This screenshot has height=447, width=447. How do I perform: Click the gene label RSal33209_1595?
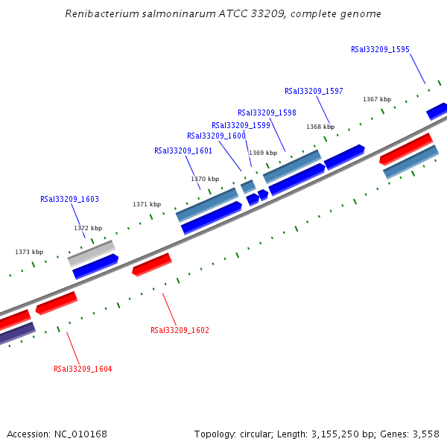click(380, 50)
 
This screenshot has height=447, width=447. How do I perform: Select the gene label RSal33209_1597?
click(314, 91)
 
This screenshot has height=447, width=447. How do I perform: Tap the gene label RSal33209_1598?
click(267, 112)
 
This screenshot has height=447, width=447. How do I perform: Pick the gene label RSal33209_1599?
click(241, 125)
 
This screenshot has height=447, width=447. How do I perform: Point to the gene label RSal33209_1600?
click(216, 136)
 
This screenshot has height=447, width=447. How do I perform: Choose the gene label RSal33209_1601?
click(183, 150)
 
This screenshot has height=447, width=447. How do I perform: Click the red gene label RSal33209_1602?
click(180, 330)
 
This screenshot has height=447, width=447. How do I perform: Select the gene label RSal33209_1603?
click(69, 200)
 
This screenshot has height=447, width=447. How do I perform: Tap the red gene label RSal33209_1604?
click(83, 369)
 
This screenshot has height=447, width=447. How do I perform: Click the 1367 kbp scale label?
click(377, 99)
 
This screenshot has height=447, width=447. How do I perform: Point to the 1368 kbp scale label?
click(320, 127)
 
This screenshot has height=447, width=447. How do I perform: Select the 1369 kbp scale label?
click(263, 153)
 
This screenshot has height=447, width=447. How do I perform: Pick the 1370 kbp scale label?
click(205, 179)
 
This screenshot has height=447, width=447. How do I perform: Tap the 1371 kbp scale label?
click(147, 204)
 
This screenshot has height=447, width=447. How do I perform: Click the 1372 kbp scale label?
click(88, 228)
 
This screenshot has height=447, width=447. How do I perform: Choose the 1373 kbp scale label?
click(29, 252)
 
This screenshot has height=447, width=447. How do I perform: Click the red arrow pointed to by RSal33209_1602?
click(152, 264)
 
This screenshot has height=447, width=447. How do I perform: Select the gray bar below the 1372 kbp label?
click(91, 253)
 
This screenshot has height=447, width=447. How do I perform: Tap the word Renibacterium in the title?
click(99, 13)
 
